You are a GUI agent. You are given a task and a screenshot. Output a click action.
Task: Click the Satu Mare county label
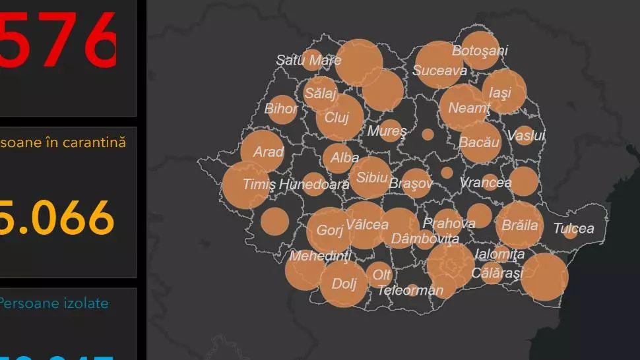click(x=308, y=61)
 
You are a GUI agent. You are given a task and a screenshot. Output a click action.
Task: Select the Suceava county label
click(x=440, y=71)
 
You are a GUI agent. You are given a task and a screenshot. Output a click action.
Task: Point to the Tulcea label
click(x=573, y=229)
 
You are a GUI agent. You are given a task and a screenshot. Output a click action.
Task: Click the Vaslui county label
click(x=526, y=136)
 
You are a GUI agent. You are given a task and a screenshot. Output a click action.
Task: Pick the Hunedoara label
click(x=314, y=185)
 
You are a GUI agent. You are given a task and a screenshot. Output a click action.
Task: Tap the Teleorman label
click(x=410, y=290)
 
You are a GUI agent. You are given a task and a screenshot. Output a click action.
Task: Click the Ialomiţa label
click(x=499, y=254)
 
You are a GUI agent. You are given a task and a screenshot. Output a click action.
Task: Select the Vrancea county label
click(x=485, y=183)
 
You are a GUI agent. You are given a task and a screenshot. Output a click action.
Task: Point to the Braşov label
click(x=410, y=183)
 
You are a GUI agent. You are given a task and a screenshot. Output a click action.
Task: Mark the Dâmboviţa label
click(x=425, y=239)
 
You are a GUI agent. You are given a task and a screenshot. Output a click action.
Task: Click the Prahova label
click(x=449, y=224)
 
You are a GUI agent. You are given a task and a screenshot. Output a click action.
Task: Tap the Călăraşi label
click(x=497, y=273)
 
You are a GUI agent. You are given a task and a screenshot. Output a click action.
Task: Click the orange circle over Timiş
click(x=246, y=185)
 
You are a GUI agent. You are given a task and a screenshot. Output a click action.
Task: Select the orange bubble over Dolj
click(x=344, y=284)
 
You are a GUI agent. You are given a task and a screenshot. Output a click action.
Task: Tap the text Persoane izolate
click(x=53, y=304)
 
